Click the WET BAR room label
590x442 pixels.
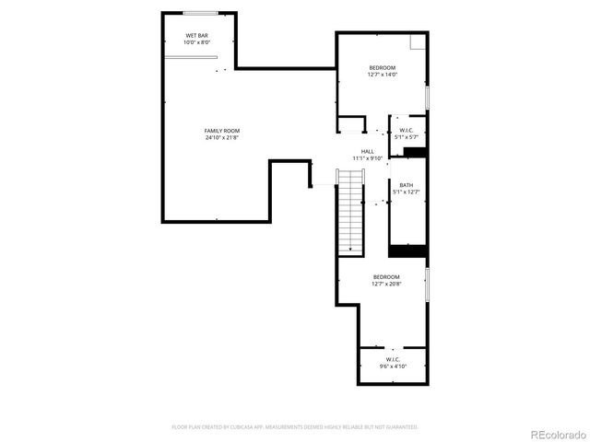197,35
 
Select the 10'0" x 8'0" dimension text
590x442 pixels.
197,42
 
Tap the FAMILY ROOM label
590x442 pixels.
221,131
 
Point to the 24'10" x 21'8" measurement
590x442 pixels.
221,138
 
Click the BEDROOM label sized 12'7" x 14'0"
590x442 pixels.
383,67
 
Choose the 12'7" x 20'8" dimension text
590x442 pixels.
386,284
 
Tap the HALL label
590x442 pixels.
367,151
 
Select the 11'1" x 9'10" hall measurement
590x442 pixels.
367,158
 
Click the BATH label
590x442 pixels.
406,184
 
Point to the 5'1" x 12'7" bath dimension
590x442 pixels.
406,192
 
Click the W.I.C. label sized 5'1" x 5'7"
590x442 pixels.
405,130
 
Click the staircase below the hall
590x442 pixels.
350,216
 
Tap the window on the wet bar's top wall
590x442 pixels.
200,13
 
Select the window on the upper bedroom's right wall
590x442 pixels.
427,97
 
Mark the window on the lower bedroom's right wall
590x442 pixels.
427,283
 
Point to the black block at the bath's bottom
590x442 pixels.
407,250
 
